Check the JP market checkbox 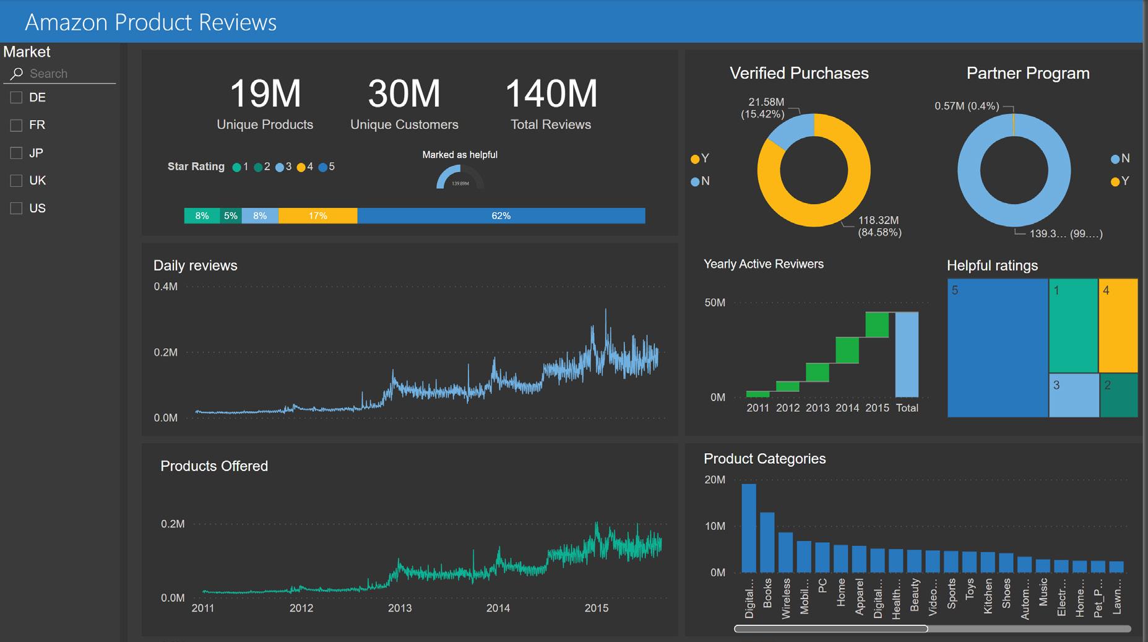[16, 153]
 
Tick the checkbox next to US [16, 209]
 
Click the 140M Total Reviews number [551, 94]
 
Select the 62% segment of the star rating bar [501, 216]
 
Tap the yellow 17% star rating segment [317, 216]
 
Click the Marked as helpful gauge [460, 178]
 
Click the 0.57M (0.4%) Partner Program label [966, 106]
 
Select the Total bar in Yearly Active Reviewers [907, 354]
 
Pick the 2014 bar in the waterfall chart [847, 350]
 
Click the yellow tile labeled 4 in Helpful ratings [1118, 325]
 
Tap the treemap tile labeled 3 [1073, 395]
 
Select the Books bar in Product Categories [767, 542]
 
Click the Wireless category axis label [786, 598]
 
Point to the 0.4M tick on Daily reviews [165, 287]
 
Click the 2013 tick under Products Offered [400, 608]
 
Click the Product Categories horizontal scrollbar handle [831, 629]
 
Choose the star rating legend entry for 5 [327, 167]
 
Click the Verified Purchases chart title [799, 73]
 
